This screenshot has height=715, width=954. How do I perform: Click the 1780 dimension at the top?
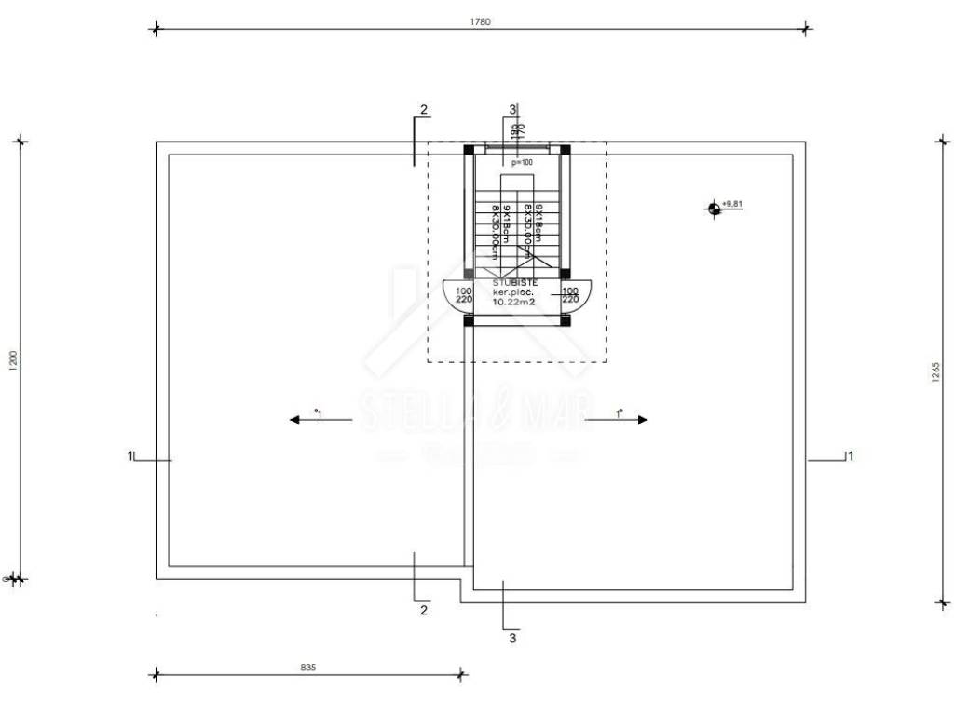pyautogui.click(x=481, y=20)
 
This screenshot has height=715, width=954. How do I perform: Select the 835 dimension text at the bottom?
pyautogui.click(x=307, y=667)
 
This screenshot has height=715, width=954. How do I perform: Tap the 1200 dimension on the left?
pyautogui.click(x=12, y=360)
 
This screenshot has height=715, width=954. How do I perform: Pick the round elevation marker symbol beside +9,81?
pyautogui.click(x=714, y=208)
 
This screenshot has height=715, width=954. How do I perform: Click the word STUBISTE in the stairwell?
pyautogui.click(x=514, y=281)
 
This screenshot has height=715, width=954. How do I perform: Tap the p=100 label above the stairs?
pyautogui.click(x=522, y=162)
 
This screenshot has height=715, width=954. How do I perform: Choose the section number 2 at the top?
pyautogui.click(x=424, y=110)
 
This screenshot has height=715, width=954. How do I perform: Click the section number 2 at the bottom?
pyautogui.click(x=424, y=611)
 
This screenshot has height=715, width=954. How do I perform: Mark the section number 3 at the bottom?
pyautogui.click(x=512, y=639)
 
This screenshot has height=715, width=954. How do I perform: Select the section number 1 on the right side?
pyautogui.click(x=849, y=455)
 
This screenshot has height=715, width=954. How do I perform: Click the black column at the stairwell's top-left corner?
pyautogui.click(x=469, y=149)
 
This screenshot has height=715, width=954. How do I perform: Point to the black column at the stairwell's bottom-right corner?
pyautogui.click(x=565, y=320)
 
